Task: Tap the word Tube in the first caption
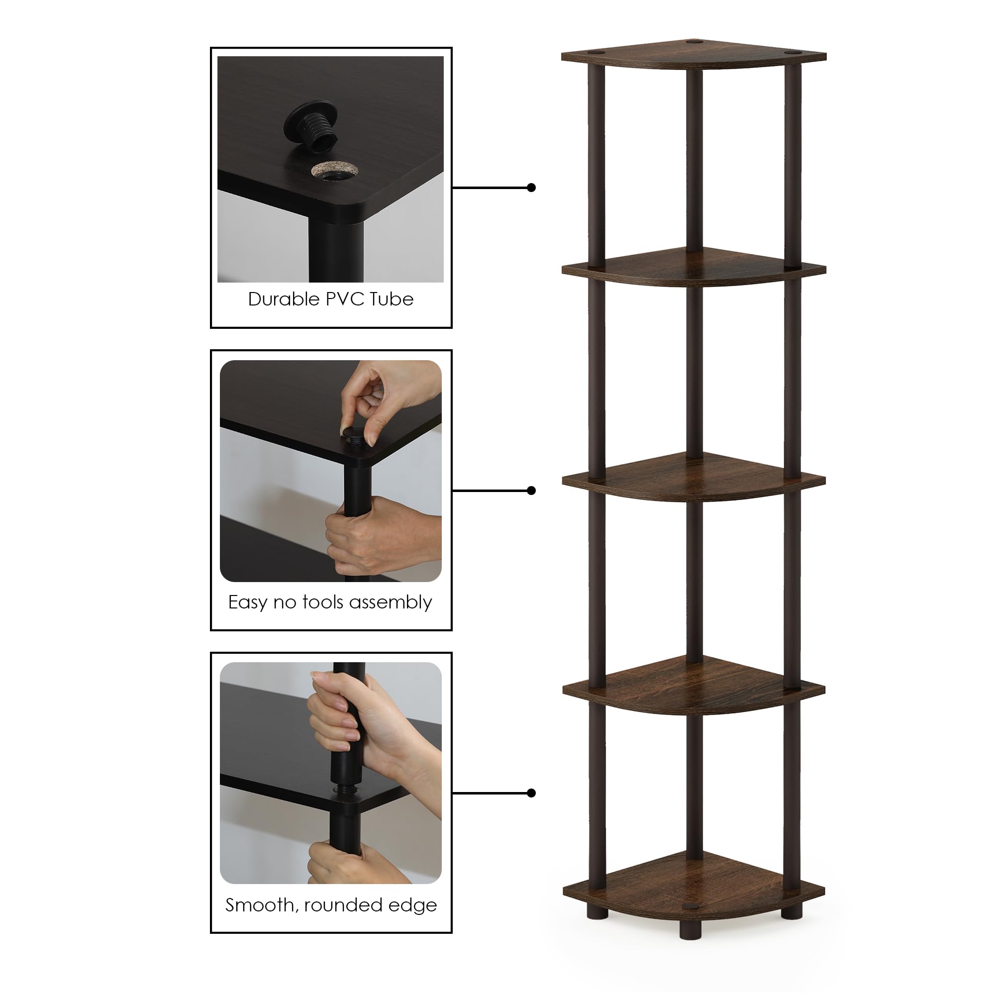tap(392, 299)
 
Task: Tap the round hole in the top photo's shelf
tap(335, 171)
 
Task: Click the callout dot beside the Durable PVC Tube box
tap(531, 188)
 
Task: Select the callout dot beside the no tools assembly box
tap(531, 491)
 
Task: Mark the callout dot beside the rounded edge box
tap(531, 793)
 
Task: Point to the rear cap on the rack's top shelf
tap(693, 41)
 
